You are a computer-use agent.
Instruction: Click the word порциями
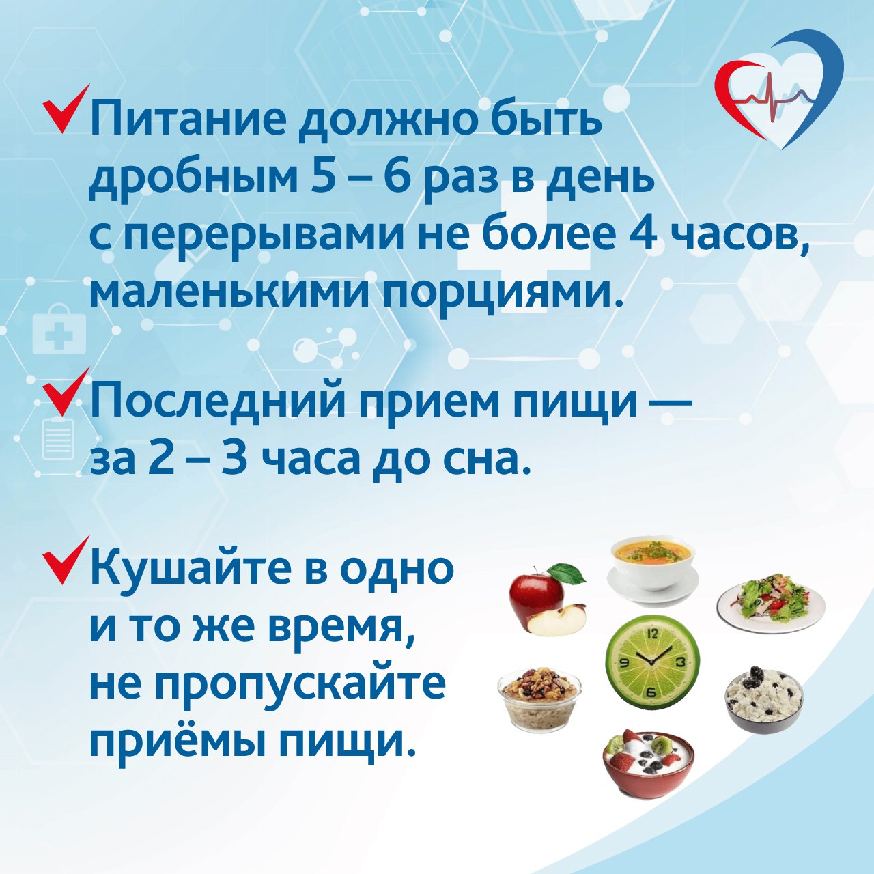click(499, 294)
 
